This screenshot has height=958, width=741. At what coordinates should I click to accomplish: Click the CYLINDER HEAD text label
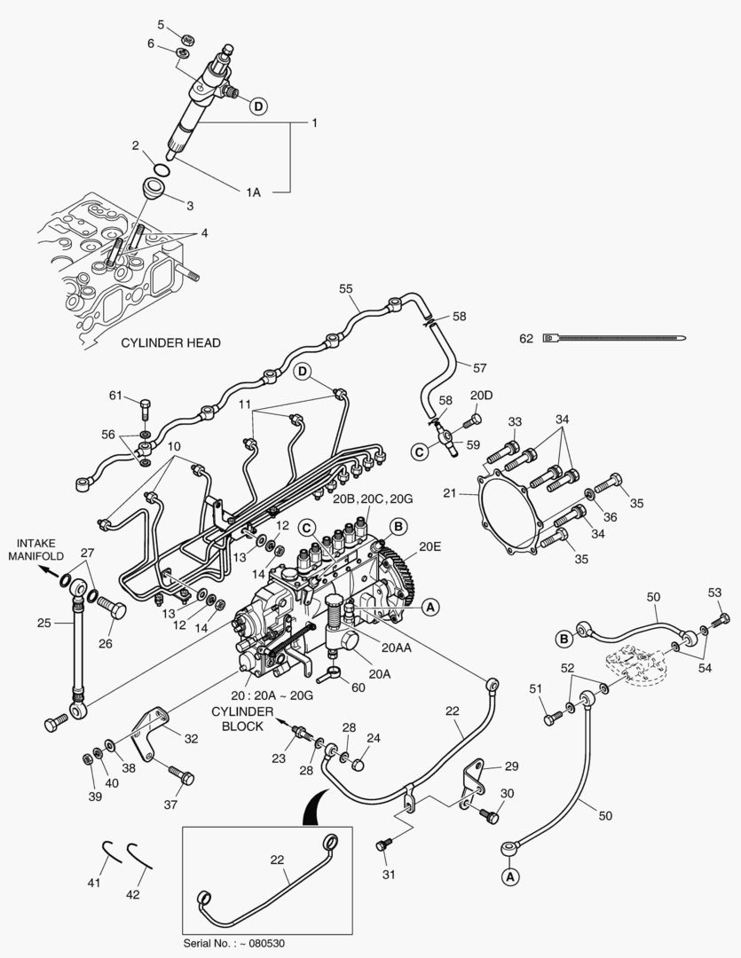(x=170, y=342)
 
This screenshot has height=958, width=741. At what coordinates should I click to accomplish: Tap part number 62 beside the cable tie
(x=526, y=337)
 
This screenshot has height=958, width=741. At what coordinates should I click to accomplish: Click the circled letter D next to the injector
(x=257, y=106)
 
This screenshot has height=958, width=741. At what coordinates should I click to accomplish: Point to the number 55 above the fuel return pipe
(x=345, y=289)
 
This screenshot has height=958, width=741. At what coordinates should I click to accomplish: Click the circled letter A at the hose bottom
(x=510, y=876)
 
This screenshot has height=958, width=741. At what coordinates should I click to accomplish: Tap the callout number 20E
(x=430, y=547)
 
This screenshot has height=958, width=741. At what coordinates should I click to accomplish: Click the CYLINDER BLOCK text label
(x=237, y=718)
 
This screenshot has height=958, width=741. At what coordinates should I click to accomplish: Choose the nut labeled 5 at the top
(x=187, y=39)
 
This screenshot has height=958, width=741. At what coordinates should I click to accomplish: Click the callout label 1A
(x=254, y=191)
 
